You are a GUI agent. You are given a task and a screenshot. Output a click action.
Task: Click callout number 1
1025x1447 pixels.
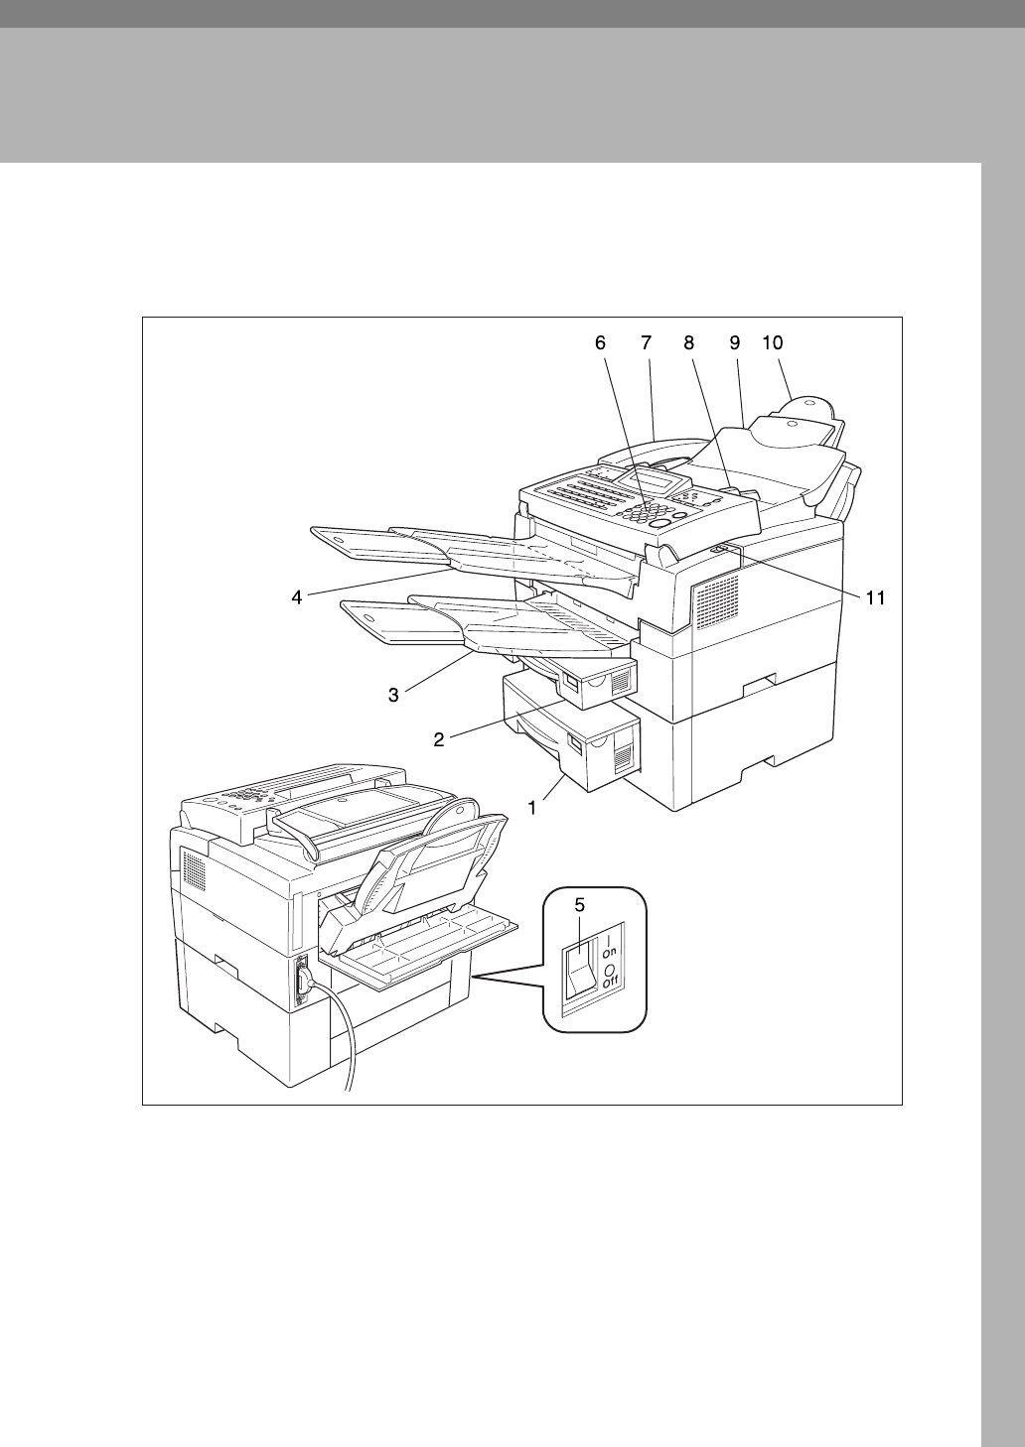[532, 808]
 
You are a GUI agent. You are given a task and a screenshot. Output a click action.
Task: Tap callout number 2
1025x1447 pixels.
[438, 738]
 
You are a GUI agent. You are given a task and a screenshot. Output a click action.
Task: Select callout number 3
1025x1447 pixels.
[393, 696]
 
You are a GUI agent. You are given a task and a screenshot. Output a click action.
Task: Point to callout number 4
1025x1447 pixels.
[296, 598]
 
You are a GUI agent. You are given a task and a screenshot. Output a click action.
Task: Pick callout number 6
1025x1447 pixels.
[599, 342]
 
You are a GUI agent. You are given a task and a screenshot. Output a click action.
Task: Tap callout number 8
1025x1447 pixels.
[689, 342]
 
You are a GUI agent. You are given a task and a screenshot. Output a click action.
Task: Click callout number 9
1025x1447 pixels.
[734, 342]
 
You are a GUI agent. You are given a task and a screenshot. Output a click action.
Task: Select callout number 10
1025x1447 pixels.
[773, 342]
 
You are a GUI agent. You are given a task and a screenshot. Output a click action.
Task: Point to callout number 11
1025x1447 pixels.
[875, 598]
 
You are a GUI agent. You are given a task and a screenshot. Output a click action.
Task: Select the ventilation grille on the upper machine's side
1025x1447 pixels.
[716, 601]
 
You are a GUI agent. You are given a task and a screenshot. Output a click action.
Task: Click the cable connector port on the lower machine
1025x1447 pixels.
[303, 982]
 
